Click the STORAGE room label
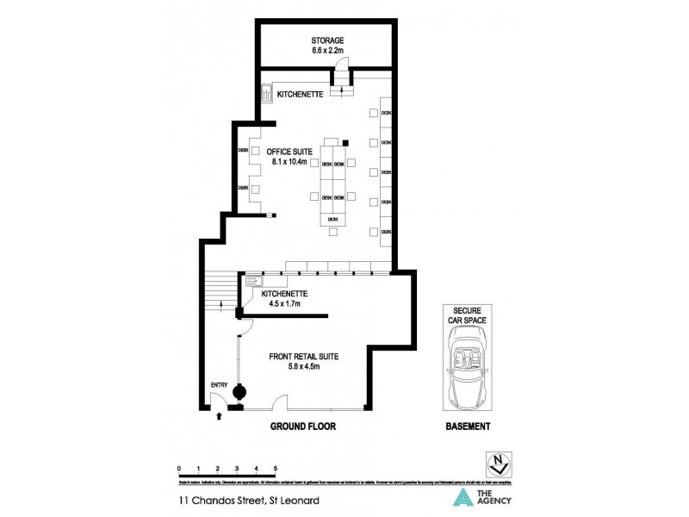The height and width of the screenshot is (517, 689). (328, 40)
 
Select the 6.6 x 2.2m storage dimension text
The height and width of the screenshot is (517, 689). (328, 52)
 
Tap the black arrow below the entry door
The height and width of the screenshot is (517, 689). (219, 415)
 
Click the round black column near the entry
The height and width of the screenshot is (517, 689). (239, 392)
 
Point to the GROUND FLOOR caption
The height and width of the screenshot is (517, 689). (303, 427)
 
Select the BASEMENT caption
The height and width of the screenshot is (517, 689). (468, 427)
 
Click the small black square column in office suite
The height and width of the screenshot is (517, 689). (344, 142)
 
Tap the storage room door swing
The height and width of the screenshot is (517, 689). (341, 65)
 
